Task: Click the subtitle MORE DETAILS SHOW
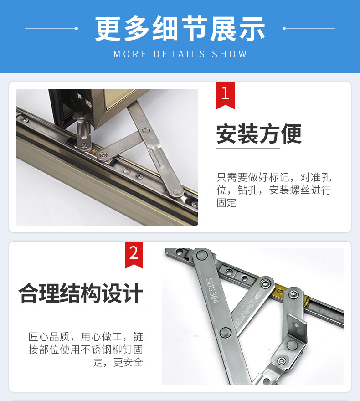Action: pyautogui.click(x=180, y=54)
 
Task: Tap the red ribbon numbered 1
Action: pyautogui.click(x=225, y=94)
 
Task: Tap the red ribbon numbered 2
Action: pyautogui.click(x=134, y=254)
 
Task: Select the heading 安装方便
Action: pyautogui.click(x=259, y=134)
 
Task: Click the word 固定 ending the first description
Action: pyautogui.click(x=226, y=203)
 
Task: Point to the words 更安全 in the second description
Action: pyautogui.click(x=128, y=363)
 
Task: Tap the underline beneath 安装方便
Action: pyautogui.click(x=248, y=148)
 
